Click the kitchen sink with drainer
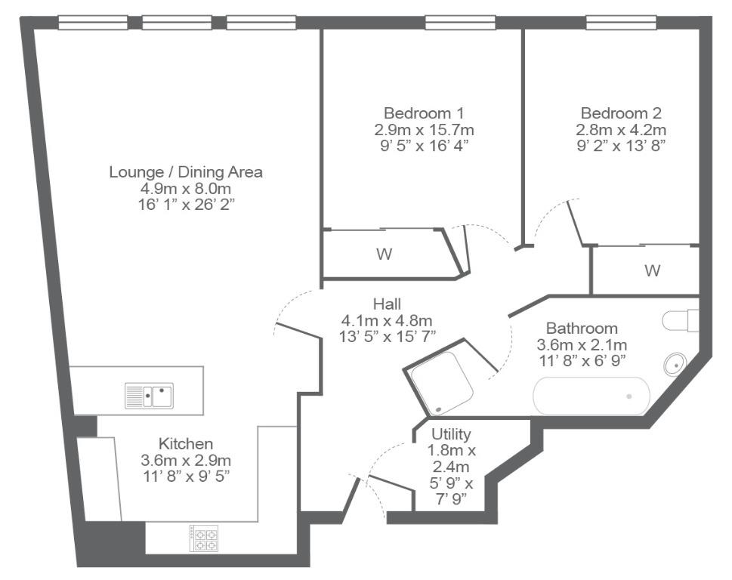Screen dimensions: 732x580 coord(149,396)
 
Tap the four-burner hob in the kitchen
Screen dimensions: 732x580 coord(203,538)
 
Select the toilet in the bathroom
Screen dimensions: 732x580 coord(681,320)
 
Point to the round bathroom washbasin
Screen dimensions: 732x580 coord(675,364)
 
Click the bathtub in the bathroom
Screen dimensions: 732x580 coord(591,396)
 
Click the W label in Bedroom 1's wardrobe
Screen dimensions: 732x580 coord(385,255)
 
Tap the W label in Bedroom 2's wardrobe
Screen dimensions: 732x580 coord(652,270)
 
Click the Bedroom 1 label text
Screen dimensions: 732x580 coord(424,113)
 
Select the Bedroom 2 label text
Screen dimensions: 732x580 coord(621,113)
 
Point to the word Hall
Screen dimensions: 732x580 coord(387,304)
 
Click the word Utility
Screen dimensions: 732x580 coord(451,434)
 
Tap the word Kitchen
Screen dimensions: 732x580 coord(186,443)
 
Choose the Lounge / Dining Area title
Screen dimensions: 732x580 coord(186,172)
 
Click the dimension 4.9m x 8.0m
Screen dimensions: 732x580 coord(186,189)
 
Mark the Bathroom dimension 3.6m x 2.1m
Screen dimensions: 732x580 coord(582,345)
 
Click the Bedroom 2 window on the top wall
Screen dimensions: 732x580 coord(622,22)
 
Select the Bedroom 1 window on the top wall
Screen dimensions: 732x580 coord(460,22)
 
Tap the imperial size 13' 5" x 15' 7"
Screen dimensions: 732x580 coord(387,336)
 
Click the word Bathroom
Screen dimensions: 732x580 coord(582,329)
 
